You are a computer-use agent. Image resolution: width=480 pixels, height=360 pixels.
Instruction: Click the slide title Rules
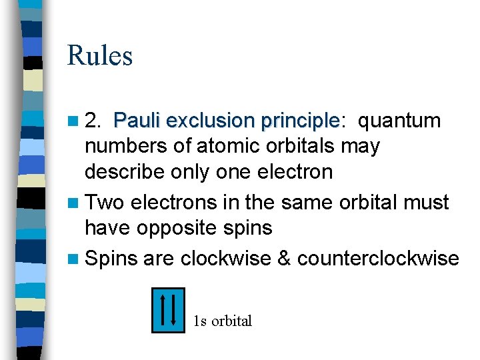click(x=100, y=55)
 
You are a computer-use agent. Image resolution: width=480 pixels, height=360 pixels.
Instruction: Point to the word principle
click(x=301, y=121)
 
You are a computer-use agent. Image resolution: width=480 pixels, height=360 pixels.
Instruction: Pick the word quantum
click(x=400, y=121)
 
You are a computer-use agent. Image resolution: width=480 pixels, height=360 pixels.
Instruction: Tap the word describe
click(x=123, y=171)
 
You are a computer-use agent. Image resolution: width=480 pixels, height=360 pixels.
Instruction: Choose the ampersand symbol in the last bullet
click(x=284, y=258)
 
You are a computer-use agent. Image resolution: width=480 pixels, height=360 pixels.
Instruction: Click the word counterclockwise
click(x=379, y=258)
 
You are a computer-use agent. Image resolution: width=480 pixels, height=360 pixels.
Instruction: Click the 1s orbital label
click(x=223, y=321)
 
